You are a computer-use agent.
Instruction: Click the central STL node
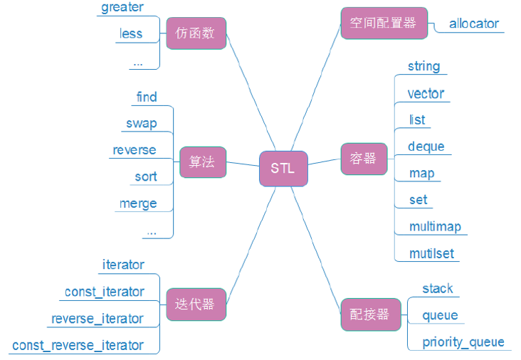(x=283, y=169)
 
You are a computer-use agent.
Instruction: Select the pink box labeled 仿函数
(x=196, y=33)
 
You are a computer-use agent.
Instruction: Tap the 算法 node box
(x=203, y=162)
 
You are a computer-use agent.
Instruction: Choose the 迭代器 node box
(x=195, y=305)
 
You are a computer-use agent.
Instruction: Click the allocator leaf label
(x=474, y=23)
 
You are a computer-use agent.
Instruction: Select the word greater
(x=122, y=8)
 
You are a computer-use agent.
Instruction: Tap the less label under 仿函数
(x=131, y=33)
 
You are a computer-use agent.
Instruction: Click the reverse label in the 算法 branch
(x=134, y=150)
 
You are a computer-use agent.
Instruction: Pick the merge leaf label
(x=138, y=203)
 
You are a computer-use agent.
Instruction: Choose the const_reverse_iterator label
(x=78, y=345)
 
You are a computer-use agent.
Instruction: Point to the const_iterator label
(x=104, y=292)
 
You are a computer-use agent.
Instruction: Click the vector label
(x=426, y=93)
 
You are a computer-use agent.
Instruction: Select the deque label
(x=426, y=147)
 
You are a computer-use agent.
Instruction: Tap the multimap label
(x=435, y=226)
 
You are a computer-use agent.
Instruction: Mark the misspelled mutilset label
(x=431, y=253)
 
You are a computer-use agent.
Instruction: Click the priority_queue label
(x=463, y=342)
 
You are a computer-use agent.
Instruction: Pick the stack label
(x=438, y=288)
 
